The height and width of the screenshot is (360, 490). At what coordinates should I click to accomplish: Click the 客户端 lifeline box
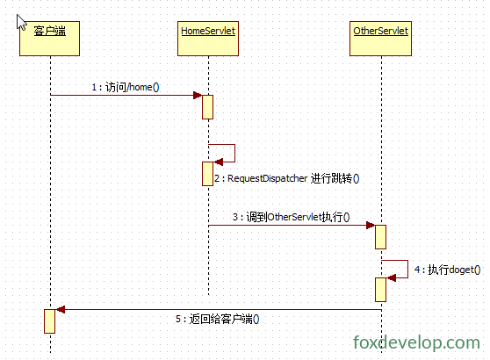pyautogui.click(x=50, y=39)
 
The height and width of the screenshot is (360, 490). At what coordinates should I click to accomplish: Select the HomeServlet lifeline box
pyautogui.click(x=208, y=39)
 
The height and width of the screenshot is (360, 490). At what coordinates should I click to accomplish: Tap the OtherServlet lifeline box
pyautogui.click(x=380, y=39)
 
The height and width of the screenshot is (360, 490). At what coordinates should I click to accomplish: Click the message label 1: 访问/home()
pyautogui.click(x=126, y=87)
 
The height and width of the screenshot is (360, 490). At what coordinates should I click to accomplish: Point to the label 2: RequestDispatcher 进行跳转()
pyautogui.click(x=287, y=179)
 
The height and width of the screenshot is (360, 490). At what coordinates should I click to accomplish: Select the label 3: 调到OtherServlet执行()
pyautogui.click(x=292, y=217)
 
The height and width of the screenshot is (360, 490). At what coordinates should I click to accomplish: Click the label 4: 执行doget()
pyautogui.click(x=448, y=270)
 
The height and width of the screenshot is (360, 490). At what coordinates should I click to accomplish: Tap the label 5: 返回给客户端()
pyautogui.click(x=217, y=319)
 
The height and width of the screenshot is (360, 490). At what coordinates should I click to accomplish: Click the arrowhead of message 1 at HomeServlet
pyautogui.click(x=198, y=96)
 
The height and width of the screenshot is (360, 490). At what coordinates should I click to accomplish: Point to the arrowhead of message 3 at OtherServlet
pyautogui.click(x=371, y=226)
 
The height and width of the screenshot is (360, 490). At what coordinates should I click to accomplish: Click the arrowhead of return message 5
pyautogui.click(x=60, y=310)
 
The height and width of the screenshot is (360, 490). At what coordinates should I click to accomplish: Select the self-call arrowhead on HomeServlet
pyautogui.click(x=218, y=162)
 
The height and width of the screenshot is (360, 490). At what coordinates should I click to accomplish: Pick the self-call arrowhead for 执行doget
pyautogui.click(x=392, y=277)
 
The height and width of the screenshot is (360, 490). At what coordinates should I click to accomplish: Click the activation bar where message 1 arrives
pyautogui.click(x=208, y=107)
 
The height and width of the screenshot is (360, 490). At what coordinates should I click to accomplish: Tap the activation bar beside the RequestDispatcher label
pyautogui.click(x=208, y=174)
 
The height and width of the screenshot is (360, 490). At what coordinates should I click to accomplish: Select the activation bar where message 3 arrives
pyautogui.click(x=380, y=237)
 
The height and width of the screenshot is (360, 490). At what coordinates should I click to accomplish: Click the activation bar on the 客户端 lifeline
pyautogui.click(x=50, y=321)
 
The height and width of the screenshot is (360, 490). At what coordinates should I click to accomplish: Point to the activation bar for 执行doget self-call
pyautogui.click(x=380, y=290)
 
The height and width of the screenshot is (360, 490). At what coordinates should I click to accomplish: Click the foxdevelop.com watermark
pyautogui.click(x=416, y=342)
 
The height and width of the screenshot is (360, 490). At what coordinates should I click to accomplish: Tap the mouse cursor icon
pyautogui.click(x=21, y=22)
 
